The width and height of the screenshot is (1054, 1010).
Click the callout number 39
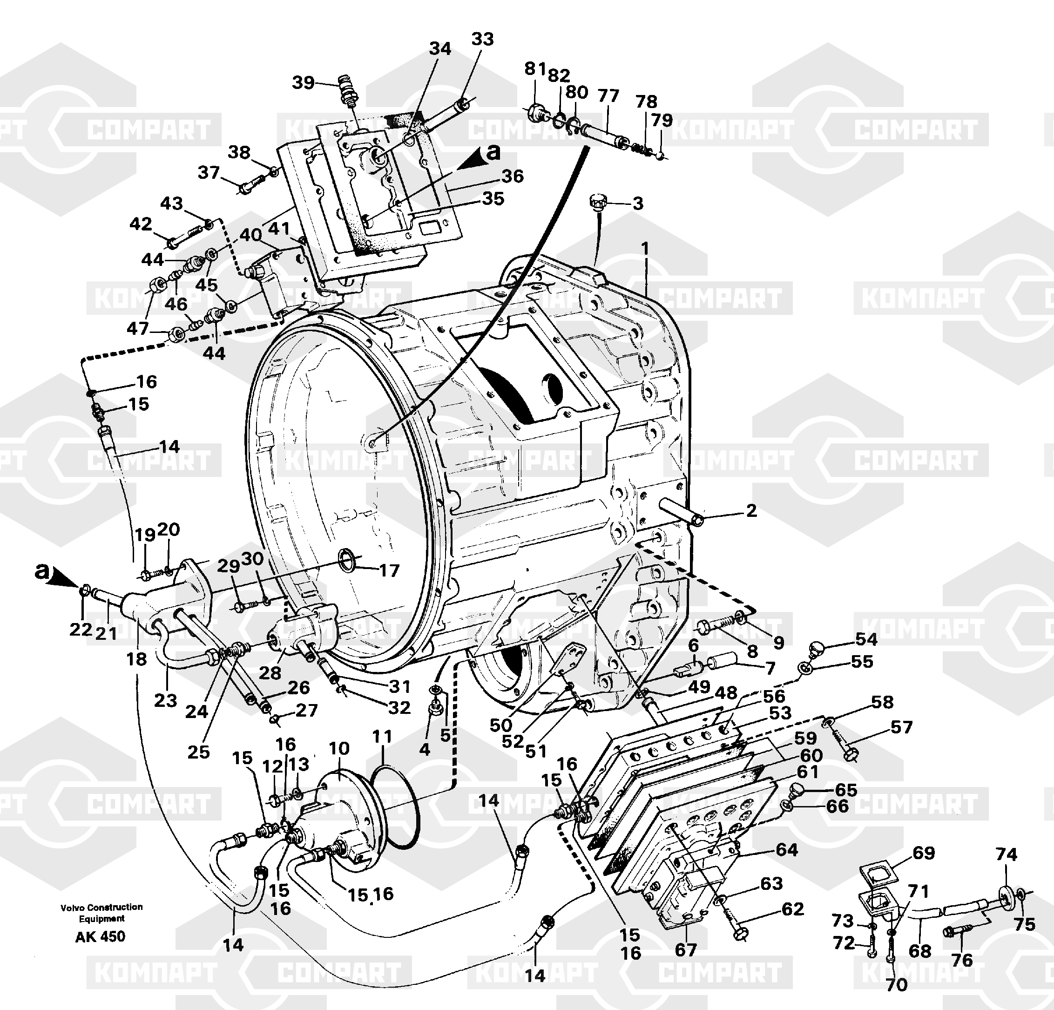[x=303, y=83]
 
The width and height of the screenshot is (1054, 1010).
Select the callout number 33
[x=482, y=39]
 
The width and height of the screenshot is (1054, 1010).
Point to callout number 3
[x=638, y=204]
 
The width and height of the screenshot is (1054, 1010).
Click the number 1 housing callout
[x=645, y=249]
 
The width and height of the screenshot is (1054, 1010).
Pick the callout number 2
[x=751, y=510]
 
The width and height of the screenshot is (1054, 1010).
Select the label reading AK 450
[x=100, y=936]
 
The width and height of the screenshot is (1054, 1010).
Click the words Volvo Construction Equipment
[x=101, y=913]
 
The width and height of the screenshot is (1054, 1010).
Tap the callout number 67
[x=686, y=950]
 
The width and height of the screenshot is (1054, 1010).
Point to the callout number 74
[x=1006, y=854]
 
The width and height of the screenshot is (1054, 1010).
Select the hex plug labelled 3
[x=597, y=202]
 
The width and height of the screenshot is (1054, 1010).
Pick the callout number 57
[x=901, y=728]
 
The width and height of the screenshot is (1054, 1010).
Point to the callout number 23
[x=165, y=700]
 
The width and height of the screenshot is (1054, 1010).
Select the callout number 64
[x=787, y=850]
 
